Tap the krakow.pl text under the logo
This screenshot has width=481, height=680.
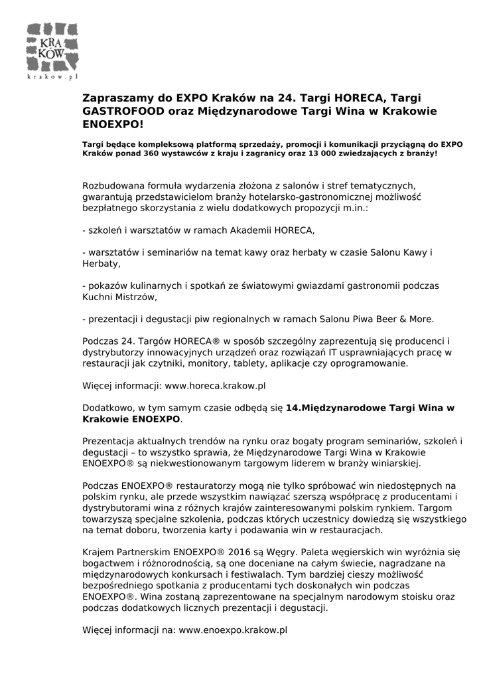click(52, 77)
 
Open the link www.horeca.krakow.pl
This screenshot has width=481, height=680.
click(215, 385)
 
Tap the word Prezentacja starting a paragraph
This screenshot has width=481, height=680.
click(109, 441)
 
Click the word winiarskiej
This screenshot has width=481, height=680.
click(395, 464)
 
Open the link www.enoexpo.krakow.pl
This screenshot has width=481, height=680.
click(233, 630)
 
